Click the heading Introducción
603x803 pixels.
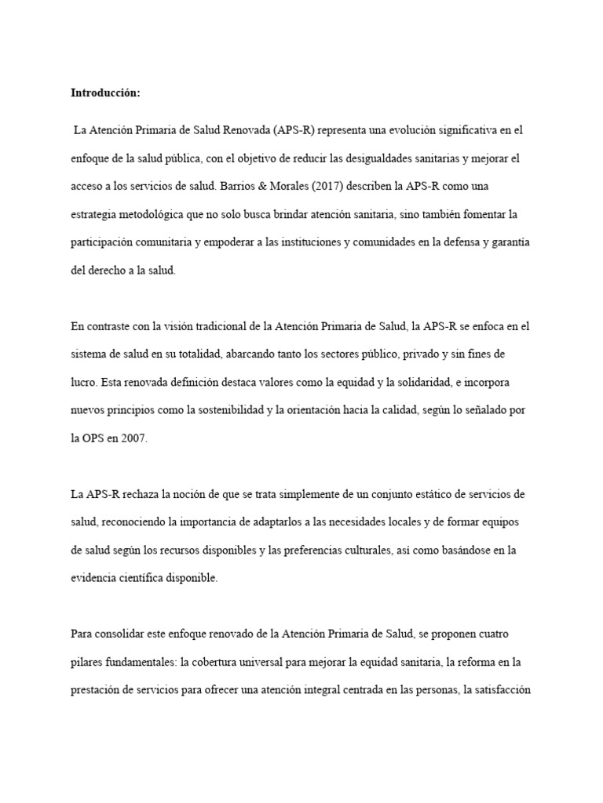105,93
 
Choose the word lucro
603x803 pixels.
82,382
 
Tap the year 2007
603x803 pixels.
133,438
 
